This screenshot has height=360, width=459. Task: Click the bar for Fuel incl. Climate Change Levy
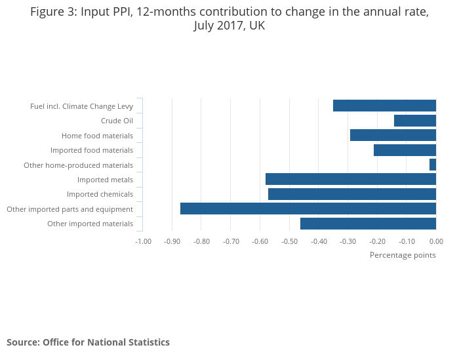click(384, 106)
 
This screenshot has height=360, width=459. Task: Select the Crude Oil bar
click(415, 121)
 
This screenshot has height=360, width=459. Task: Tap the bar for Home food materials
click(393, 135)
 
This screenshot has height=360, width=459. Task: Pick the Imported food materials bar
click(405, 150)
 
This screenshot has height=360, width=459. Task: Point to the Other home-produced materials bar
click(433, 165)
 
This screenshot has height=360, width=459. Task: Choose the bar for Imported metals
click(351, 179)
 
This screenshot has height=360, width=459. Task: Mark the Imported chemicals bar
click(352, 194)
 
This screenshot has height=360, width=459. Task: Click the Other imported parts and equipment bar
click(308, 209)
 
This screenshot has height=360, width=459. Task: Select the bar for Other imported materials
click(368, 224)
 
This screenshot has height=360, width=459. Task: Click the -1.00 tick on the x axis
click(143, 241)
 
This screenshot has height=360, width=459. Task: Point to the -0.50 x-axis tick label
click(290, 241)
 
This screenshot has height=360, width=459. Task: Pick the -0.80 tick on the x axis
click(201, 241)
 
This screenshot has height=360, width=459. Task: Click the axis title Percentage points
click(403, 255)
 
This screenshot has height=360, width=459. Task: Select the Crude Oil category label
click(117, 121)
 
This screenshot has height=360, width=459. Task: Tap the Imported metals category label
click(105, 180)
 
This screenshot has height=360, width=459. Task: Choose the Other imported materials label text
click(90, 224)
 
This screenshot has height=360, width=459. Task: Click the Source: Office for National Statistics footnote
click(88, 342)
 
